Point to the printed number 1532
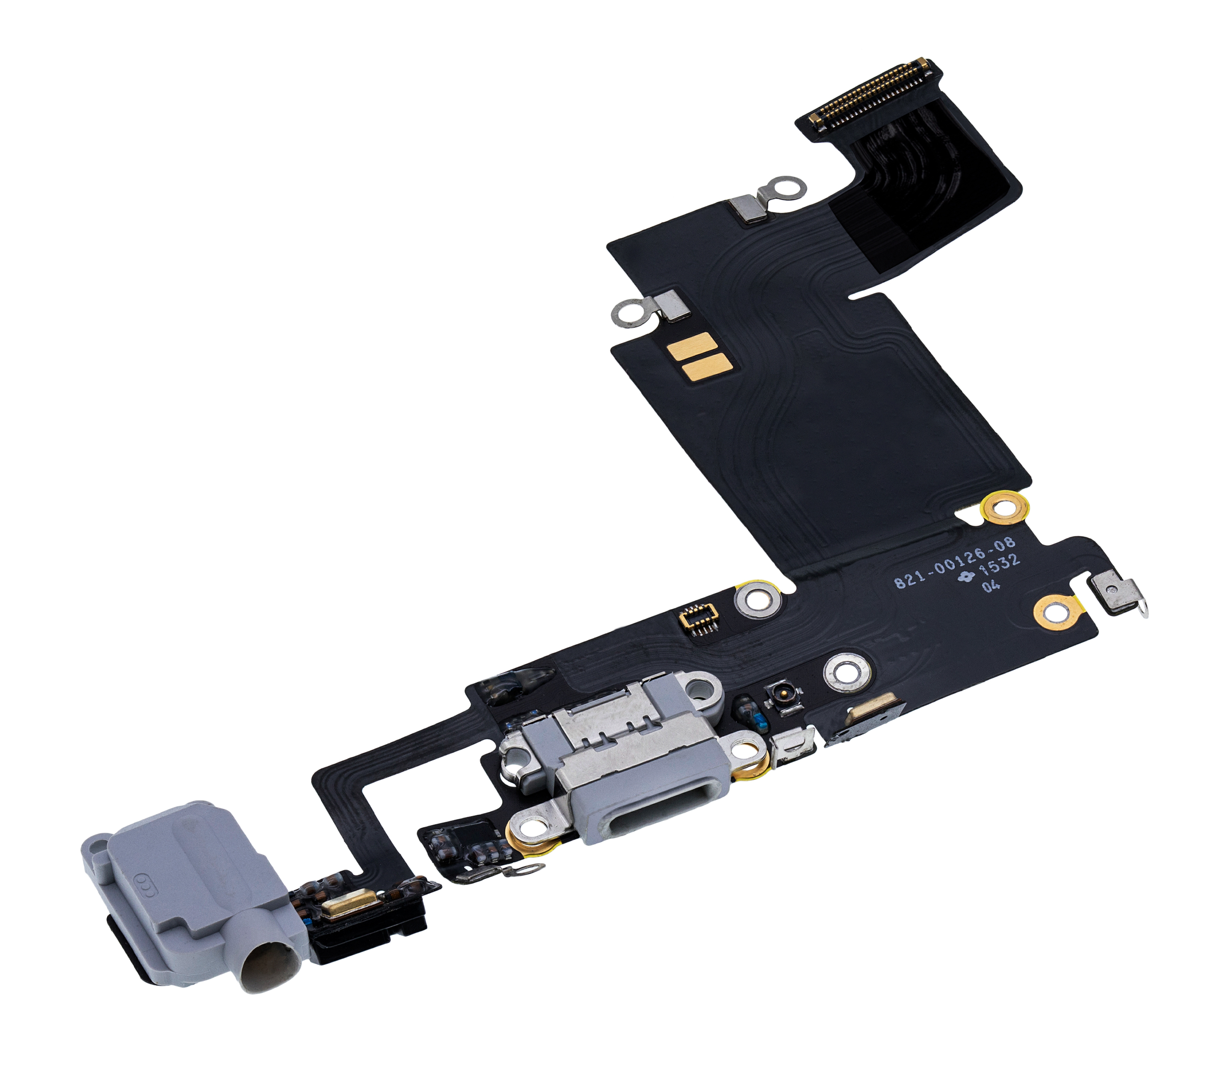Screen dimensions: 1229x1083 pyautogui.click(x=1001, y=565)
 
